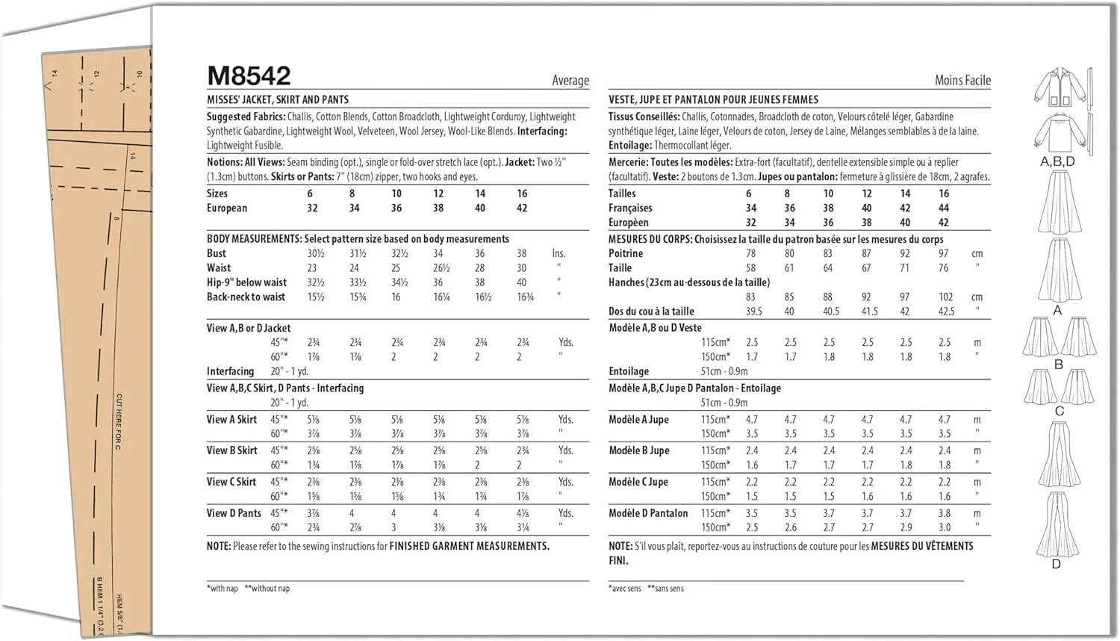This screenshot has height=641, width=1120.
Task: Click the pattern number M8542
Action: coord(249,76)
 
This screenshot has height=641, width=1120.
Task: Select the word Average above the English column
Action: coord(570,81)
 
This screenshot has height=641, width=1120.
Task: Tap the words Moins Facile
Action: coord(962,81)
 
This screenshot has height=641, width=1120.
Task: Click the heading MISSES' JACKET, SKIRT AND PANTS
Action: coord(278,99)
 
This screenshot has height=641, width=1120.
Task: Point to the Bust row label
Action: coord(217,253)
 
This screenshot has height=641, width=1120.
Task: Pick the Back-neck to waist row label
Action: coord(246,297)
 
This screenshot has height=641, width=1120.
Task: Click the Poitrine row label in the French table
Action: coord(626,253)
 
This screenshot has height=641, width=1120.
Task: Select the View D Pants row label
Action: coord(234,513)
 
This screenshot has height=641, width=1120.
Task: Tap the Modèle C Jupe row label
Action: coord(638,482)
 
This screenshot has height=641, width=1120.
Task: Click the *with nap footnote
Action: coord(223,589)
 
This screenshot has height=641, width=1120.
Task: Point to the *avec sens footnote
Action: coord(625,589)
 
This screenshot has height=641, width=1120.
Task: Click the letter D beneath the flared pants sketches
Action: coord(1056,564)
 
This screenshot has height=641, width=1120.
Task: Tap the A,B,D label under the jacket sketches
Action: coord(1057,161)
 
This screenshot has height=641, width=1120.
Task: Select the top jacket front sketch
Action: coord(1057,87)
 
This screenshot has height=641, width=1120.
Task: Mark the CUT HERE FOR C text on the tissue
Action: coord(119,421)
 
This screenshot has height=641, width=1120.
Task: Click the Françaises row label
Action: coord(630,208)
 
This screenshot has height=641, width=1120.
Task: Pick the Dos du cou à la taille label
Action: coord(651,312)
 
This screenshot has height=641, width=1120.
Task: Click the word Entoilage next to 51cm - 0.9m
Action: coord(629,371)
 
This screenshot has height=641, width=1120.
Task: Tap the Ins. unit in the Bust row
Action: coord(559,253)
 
